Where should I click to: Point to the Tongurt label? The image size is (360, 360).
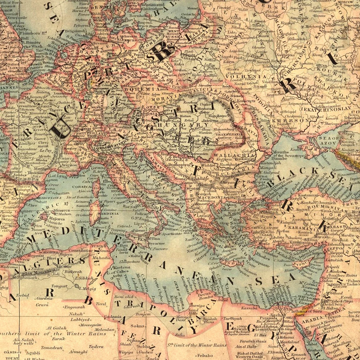(60, 286)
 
